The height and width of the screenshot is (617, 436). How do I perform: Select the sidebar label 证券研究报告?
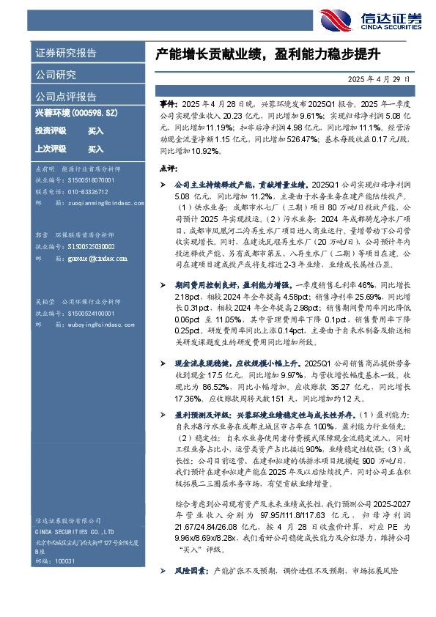65,53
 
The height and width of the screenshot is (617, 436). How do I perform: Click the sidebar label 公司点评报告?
65,96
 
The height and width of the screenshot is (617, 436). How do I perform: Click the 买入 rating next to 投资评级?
95,131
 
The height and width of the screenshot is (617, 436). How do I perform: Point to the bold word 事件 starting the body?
168,106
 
